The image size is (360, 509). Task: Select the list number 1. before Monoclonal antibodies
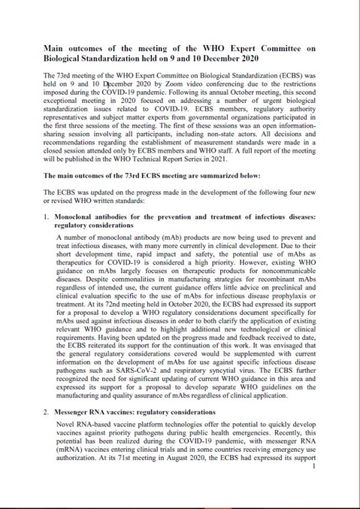pos(47,217)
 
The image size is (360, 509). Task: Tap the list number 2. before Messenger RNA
pos(47,412)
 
